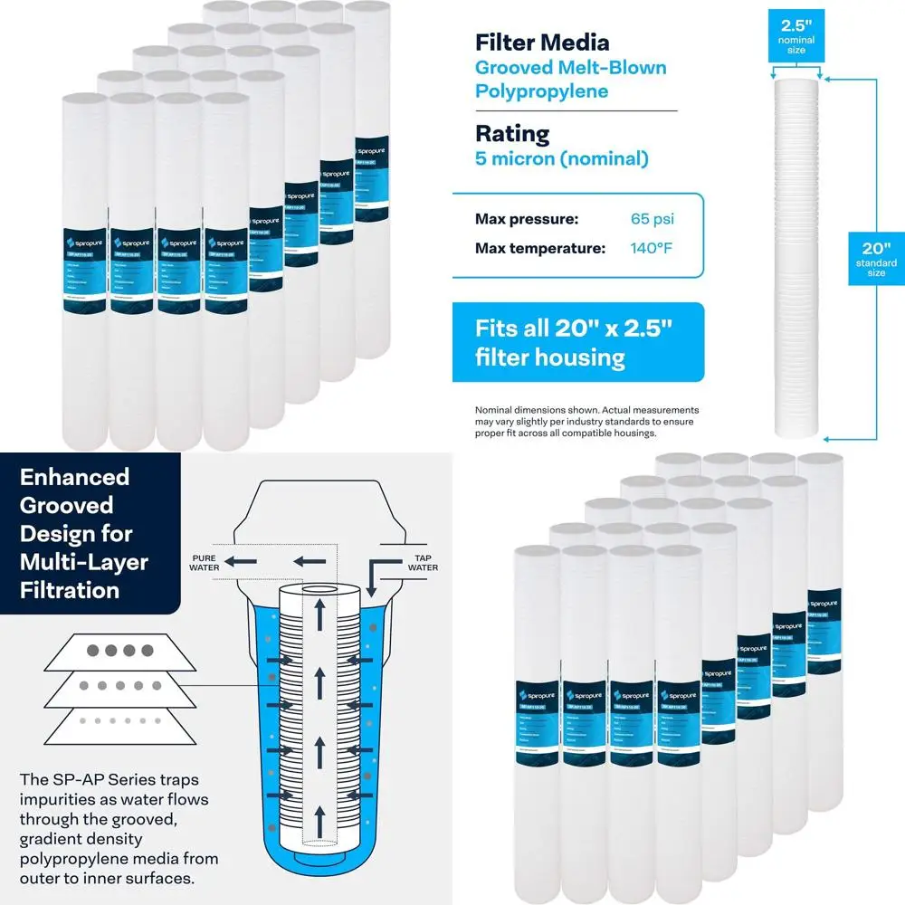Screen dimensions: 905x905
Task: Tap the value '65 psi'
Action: click(653, 219)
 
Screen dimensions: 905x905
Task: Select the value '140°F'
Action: click(651, 248)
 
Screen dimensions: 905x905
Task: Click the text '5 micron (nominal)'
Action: click(562, 159)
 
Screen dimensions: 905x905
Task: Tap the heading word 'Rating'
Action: click(512, 134)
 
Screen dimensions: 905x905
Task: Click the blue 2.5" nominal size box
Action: click(796, 34)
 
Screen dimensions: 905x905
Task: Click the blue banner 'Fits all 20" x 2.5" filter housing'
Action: click(577, 341)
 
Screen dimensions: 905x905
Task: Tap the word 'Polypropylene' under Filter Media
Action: click(542, 90)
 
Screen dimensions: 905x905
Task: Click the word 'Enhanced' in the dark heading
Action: click(75, 477)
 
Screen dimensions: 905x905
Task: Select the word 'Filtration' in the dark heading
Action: click(70, 590)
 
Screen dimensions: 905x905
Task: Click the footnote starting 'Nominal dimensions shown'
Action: click(586, 421)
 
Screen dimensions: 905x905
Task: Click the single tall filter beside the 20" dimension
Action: click(797, 253)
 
